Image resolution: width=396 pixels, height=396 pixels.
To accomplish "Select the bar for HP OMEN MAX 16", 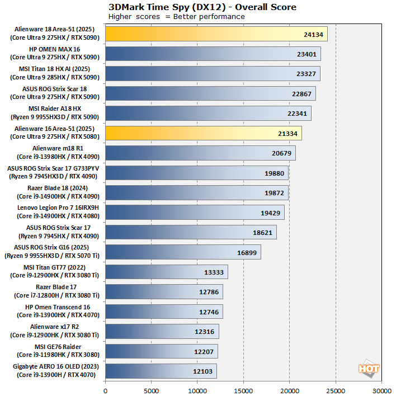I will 213,54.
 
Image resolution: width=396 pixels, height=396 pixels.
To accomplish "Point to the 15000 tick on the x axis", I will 243,386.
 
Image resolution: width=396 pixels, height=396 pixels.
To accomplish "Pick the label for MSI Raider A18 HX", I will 55,113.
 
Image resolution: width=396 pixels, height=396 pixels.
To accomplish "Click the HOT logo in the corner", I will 369,369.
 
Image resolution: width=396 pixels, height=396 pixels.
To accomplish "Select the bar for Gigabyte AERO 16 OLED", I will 161,371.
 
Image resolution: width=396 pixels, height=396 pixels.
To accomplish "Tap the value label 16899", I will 248,252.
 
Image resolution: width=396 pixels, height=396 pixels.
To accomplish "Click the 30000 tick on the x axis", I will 381,386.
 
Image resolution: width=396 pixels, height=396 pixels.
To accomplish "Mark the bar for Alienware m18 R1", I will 200,153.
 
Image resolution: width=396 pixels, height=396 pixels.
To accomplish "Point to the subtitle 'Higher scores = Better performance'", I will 177,17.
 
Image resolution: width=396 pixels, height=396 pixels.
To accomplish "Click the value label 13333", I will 215,272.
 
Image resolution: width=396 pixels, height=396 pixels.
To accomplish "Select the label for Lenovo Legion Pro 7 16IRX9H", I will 55,212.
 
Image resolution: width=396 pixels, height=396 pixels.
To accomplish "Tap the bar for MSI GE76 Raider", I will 161,351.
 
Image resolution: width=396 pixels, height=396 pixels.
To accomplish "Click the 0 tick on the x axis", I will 105,386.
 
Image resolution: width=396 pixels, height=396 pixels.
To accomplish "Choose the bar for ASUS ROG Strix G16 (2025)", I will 183,252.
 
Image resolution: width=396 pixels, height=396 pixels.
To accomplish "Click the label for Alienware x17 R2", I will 55,331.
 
